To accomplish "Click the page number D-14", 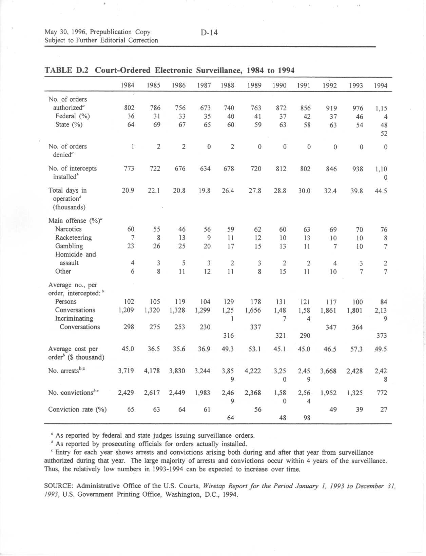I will click(x=209, y=33).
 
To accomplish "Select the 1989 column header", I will click(x=254, y=86).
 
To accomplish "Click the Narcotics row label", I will click(x=68, y=229).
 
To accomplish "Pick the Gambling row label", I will click(x=69, y=246).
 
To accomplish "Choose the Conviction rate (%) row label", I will click(x=77, y=410).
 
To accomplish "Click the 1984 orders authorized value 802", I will click(x=129, y=108).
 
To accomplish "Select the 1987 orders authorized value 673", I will click(x=205, y=108).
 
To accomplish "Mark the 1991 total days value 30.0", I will click(x=304, y=191).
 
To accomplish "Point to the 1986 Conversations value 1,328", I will click(x=179, y=310).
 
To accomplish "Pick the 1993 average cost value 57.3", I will click(x=356, y=349).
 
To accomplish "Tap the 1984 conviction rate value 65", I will click(x=131, y=410).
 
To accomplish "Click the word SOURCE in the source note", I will click(x=59, y=486).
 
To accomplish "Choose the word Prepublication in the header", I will click(x=111, y=32).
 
